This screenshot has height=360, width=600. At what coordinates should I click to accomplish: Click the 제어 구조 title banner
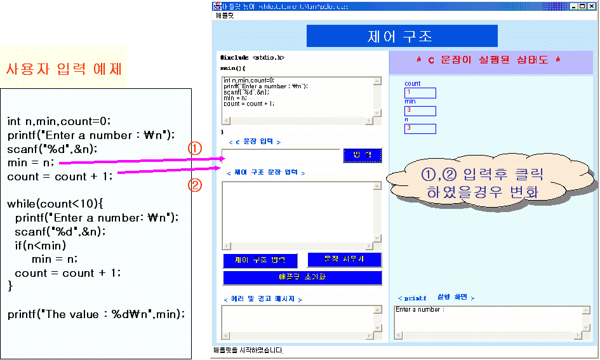[401, 36]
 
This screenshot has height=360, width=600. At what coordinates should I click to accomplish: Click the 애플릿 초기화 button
[302, 277]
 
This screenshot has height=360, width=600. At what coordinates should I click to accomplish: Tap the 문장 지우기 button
[344, 260]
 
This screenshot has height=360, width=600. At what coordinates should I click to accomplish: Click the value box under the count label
[420, 93]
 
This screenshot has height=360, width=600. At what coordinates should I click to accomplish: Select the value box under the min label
[420, 110]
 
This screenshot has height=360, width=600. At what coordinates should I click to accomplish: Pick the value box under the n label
[420, 128]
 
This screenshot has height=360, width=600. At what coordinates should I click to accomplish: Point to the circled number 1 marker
[195, 148]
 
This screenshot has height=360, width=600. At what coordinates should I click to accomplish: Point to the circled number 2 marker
[195, 185]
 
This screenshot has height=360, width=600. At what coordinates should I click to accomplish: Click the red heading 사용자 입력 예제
[63, 69]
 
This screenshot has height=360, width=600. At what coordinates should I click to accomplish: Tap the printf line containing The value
[96, 314]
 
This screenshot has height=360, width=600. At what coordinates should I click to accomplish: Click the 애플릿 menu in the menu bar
[224, 15]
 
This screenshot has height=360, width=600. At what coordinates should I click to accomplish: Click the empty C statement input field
[281, 156]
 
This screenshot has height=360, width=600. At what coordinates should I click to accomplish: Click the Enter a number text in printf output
[420, 310]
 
